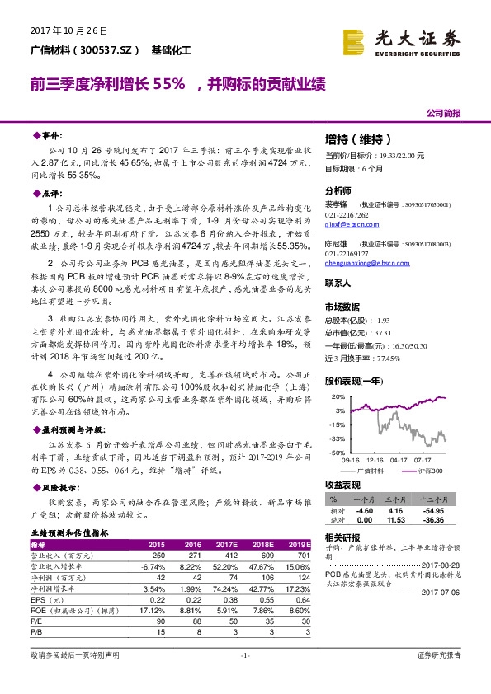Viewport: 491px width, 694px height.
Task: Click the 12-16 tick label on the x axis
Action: coord(375,460)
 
